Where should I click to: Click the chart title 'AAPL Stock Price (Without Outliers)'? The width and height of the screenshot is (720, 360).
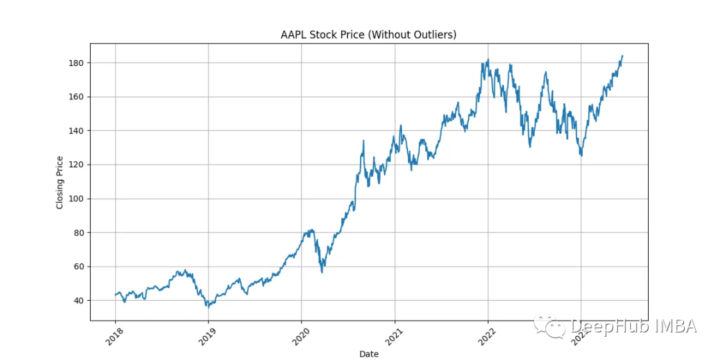pos(369,35)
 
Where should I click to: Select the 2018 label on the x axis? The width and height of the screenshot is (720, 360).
pos(113,337)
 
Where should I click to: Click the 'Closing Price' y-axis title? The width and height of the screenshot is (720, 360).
pos(60,182)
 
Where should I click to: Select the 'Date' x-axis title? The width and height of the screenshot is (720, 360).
pos(369,354)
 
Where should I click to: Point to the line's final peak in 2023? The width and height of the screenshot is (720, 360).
pos(622,56)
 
